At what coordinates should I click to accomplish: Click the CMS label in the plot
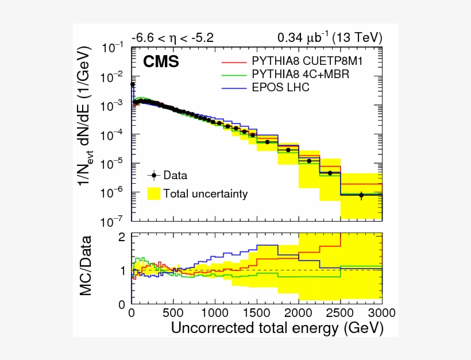point(161,61)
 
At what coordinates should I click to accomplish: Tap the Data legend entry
point(175,175)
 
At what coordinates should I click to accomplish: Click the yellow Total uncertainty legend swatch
point(154,193)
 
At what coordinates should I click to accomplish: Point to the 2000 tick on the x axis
point(299,313)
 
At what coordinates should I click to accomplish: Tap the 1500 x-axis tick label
point(257,313)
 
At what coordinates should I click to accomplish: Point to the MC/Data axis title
point(86,265)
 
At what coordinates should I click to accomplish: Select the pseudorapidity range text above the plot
point(172,38)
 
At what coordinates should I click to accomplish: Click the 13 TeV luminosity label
point(329,38)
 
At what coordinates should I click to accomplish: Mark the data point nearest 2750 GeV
point(361,195)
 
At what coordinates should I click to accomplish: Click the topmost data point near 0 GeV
point(133,84)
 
